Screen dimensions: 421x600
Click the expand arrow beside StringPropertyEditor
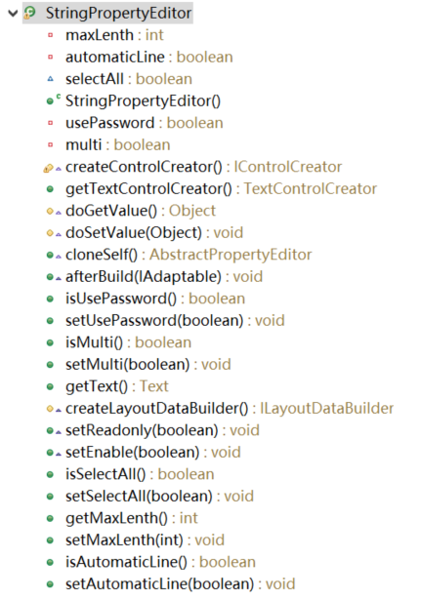[x=13, y=14]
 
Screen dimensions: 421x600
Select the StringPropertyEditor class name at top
[x=119, y=13]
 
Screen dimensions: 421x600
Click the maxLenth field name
[x=100, y=35]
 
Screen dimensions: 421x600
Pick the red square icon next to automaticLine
[x=50, y=57]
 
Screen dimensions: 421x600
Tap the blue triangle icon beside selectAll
[x=50, y=79]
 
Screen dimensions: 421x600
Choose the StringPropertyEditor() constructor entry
[x=143, y=101]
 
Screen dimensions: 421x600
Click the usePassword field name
[x=110, y=123]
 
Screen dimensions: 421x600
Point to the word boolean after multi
[x=142, y=145]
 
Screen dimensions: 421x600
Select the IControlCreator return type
[x=288, y=167]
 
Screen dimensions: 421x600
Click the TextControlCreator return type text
[x=311, y=188]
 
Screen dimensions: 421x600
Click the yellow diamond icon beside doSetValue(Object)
[x=50, y=232]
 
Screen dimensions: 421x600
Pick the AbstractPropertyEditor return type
[x=231, y=255]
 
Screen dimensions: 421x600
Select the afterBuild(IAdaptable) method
[x=144, y=277]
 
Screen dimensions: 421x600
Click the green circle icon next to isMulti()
[x=50, y=342]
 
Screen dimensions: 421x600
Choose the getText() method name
[x=97, y=386]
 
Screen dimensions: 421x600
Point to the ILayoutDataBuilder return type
[x=327, y=408]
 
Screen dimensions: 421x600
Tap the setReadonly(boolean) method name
[x=142, y=430]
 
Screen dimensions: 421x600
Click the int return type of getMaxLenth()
[x=189, y=518]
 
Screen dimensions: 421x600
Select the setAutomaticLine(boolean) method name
[x=160, y=584]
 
